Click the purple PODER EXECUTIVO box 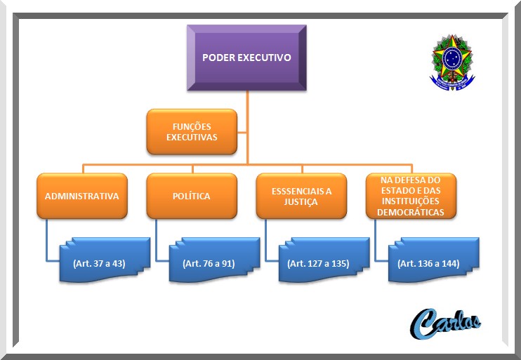coord(246,58)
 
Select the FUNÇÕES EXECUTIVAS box coord(192,132)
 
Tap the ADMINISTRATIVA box coord(82,196)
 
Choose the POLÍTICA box coord(192,196)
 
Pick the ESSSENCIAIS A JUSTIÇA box coord(301,196)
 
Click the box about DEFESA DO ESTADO coord(411,196)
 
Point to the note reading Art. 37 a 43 coord(105,260)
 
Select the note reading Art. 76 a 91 coord(214,260)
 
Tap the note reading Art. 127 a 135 coord(324,260)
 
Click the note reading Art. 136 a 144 coord(434,260)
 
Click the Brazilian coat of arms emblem coord(452,62)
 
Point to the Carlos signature coord(446,323)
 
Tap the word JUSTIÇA coord(301,202)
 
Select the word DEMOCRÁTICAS coord(411,212)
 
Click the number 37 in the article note coord(98,263)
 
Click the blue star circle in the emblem coord(452,58)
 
